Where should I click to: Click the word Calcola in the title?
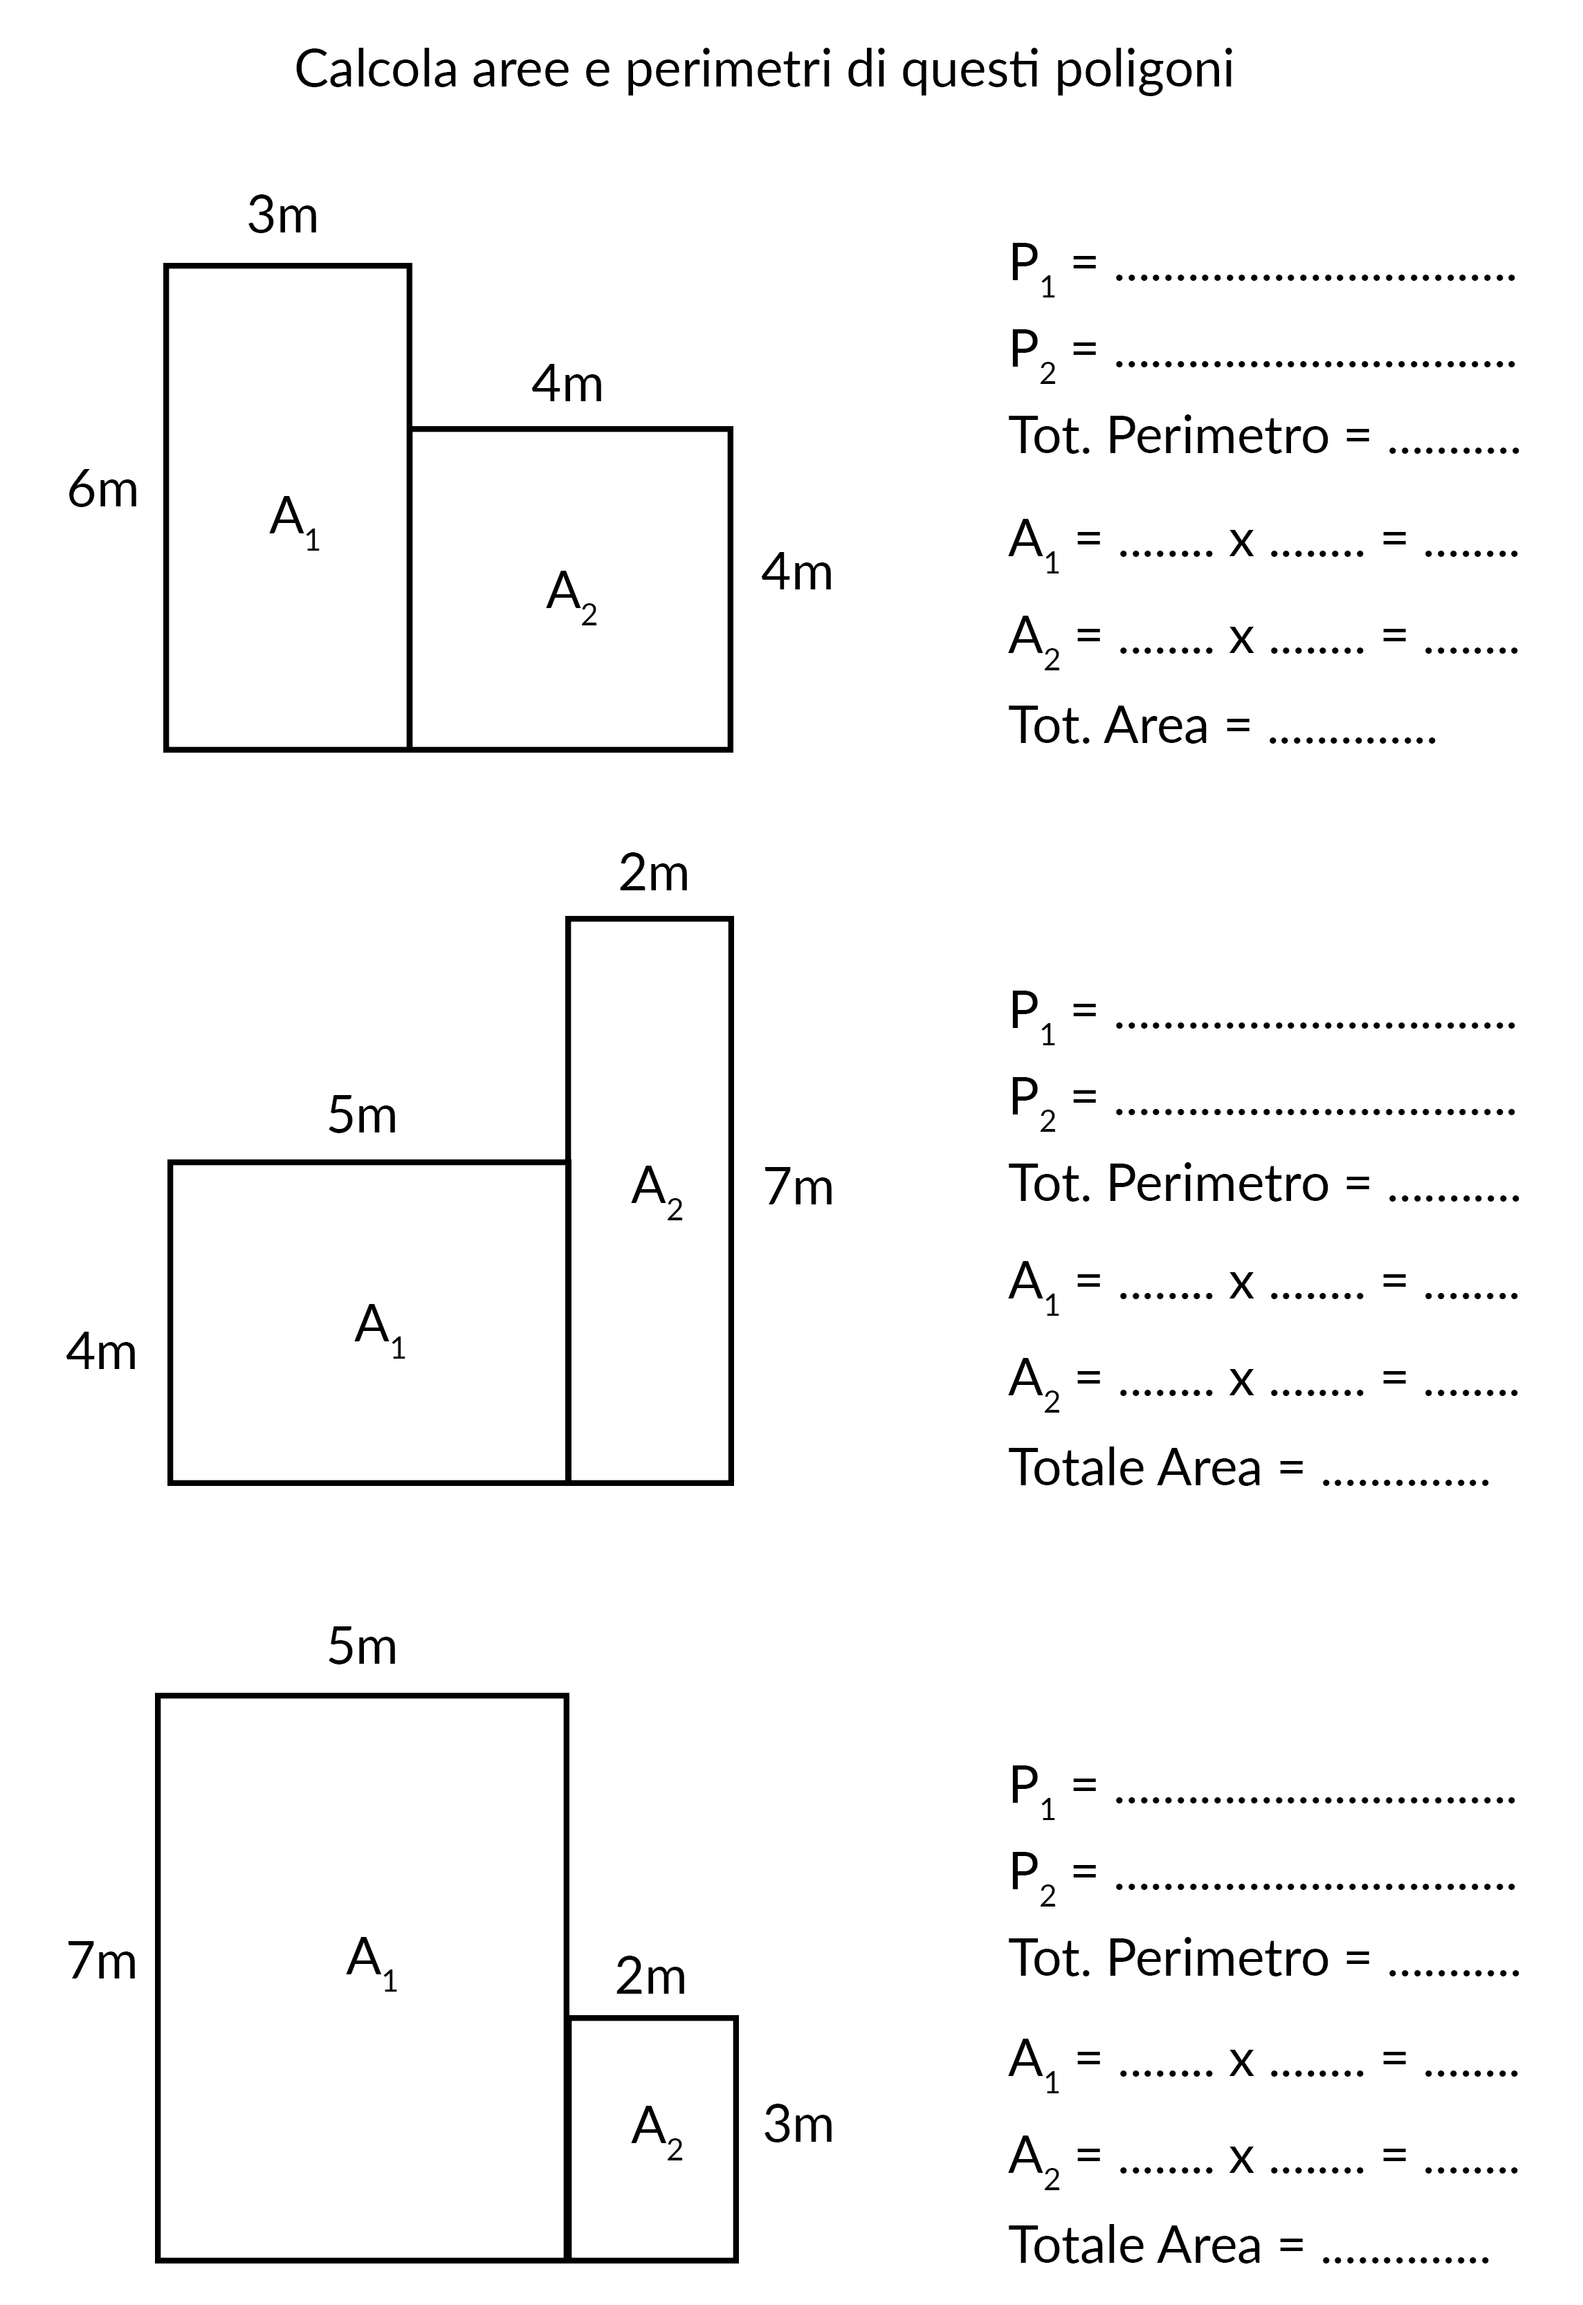376,69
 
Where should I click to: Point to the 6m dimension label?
102,490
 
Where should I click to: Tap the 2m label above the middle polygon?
654,874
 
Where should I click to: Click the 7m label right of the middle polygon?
798,1187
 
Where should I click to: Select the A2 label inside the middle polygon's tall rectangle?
657,1189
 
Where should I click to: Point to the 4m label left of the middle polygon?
101,1352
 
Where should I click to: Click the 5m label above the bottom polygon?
362,1646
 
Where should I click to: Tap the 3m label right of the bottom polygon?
798,2125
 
